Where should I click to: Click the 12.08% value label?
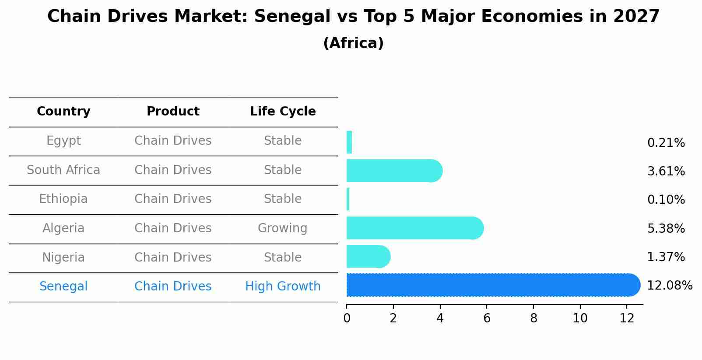tap(670, 286)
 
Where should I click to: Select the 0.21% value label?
tap(666, 143)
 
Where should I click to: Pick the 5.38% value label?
tap(666, 228)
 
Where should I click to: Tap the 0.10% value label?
tap(666, 200)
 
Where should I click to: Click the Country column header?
tap(63, 112)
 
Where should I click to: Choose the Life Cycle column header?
tap(283, 112)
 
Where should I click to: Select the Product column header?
tap(173, 112)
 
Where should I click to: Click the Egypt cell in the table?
tap(63, 141)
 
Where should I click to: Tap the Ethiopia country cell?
tap(63, 199)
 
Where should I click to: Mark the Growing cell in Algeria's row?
tap(283, 228)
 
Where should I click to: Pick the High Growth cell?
tap(283, 287)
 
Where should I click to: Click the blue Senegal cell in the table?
tap(63, 287)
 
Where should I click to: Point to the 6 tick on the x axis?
tap(487, 318)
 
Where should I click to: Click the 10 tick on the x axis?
tap(580, 318)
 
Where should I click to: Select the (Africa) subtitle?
tap(353, 43)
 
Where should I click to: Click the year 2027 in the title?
tap(636, 17)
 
